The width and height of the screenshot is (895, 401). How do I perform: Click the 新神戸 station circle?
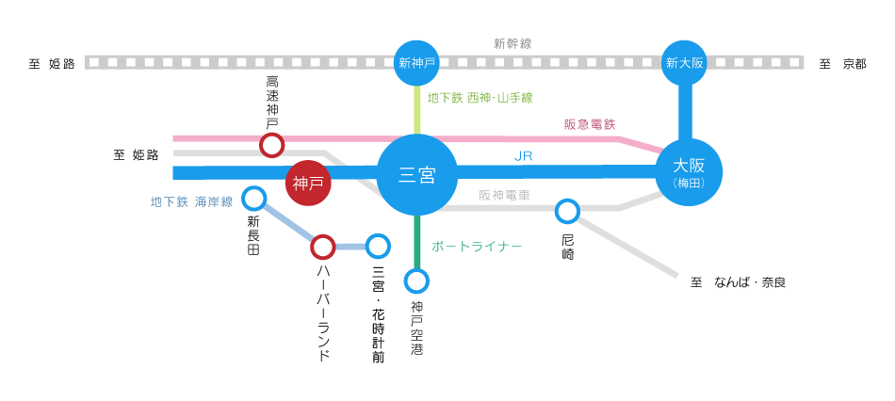[416, 63]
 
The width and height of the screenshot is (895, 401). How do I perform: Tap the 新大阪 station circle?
[685, 63]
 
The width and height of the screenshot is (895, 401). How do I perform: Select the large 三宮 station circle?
[416, 174]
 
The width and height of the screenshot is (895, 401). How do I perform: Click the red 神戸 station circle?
[308, 183]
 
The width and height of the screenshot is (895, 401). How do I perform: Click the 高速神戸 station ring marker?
[271, 145]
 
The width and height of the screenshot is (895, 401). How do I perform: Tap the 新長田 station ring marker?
[253, 198]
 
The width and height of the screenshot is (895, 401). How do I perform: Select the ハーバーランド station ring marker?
[322, 247]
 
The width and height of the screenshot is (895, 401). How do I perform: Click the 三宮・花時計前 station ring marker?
[378, 246]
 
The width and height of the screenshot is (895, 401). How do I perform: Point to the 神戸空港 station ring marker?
[416, 281]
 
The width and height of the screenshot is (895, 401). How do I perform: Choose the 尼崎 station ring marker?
[567, 211]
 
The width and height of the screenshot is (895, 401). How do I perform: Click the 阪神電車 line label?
[504, 196]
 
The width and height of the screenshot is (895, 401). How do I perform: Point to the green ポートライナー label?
[477, 246]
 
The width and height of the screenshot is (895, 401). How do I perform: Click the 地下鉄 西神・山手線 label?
[480, 97]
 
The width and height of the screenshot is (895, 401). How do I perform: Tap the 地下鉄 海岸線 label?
[191, 201]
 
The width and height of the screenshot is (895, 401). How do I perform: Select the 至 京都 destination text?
[842, 64]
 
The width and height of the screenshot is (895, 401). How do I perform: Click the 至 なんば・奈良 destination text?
[738, 281]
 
